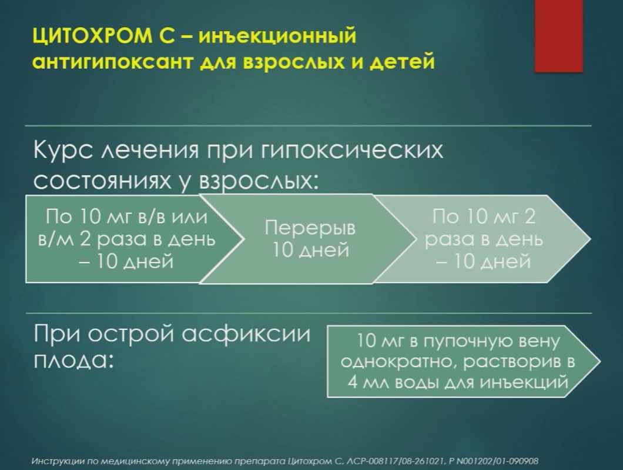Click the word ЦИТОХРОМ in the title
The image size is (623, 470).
(92, 36)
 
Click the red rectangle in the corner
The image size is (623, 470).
(559, 36)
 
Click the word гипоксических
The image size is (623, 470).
(352, 151)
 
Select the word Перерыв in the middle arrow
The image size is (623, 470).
(310, 228)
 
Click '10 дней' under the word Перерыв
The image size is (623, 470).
(310, 250)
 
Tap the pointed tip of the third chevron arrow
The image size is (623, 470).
(591, 239)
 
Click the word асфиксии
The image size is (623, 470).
(246, 334)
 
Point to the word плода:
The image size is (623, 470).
(73, 361)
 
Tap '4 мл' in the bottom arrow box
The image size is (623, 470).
(372, 382)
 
